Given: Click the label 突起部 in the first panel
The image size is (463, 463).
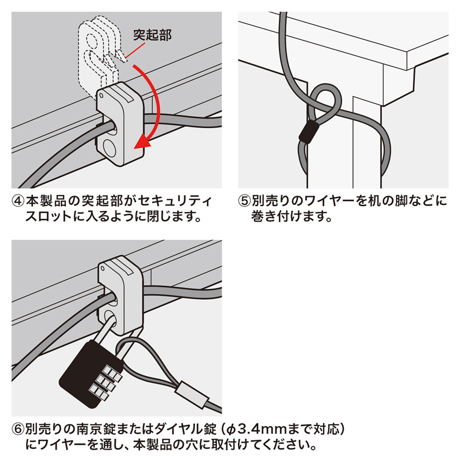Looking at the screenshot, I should tap(152, 35).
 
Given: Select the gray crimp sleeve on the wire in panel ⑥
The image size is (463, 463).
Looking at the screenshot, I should tap(193, 394).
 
